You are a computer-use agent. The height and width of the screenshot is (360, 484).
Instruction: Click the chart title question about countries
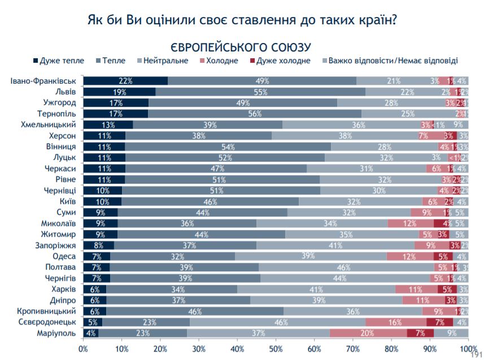tap(242, 20)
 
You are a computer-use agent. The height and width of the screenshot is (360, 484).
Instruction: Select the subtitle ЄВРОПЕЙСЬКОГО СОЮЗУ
tap(242, 46)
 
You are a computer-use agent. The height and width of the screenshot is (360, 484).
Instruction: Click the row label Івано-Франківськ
tap(43, 80)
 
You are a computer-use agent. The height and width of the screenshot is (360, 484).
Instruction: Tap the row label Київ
tap(67, 201)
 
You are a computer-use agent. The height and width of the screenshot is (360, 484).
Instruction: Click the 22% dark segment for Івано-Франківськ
tap(125, 80)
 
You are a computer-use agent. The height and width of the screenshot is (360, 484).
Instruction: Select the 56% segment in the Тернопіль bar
tap(255, 113)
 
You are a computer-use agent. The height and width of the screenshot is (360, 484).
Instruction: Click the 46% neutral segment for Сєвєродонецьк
tap(278, 322)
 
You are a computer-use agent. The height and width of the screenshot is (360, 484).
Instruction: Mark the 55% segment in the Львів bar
tap(260, 92)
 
